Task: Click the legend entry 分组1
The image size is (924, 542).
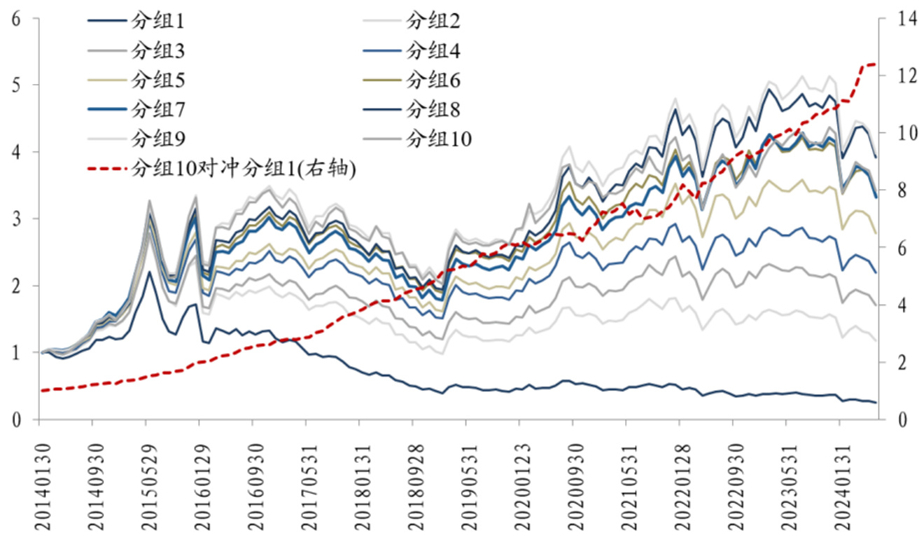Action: (x=158, y=21)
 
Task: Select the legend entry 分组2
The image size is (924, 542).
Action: (x=433, y=21)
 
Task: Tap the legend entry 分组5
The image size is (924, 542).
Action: (x=158, y=81)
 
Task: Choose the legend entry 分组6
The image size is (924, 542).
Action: (x=433, y=81)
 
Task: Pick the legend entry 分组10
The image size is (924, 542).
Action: (x=439, y=139)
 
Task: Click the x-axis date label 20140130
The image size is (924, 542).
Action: (x=40, y=483)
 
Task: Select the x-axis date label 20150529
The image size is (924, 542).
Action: (x=147, y=483)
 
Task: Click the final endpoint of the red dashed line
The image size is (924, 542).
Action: (x=876, y=64)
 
